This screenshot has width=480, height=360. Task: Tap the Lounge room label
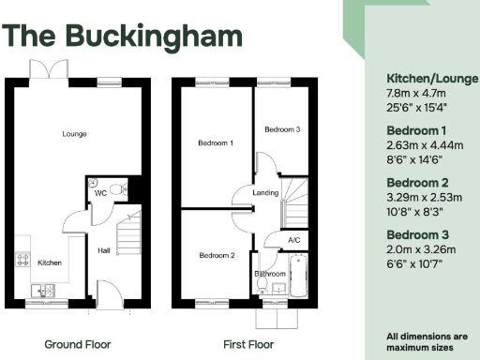pos(75,134)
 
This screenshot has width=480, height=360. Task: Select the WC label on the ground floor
pos(99,193)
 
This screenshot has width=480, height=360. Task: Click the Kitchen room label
pos(50,262)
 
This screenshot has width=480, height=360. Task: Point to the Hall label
pos(105,250)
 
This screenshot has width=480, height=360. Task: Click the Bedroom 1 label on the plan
pos(216,143)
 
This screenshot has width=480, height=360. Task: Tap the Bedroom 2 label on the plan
pos(216,255)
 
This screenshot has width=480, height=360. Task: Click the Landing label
pos(265,195)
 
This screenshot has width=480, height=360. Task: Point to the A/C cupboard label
pos(294,241)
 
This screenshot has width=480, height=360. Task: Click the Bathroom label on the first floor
pos(270,274)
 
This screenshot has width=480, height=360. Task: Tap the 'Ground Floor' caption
pos(78,344)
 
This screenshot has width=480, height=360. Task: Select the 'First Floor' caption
pos(247,344)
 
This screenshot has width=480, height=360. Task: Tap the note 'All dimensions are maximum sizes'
pos(427,340)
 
